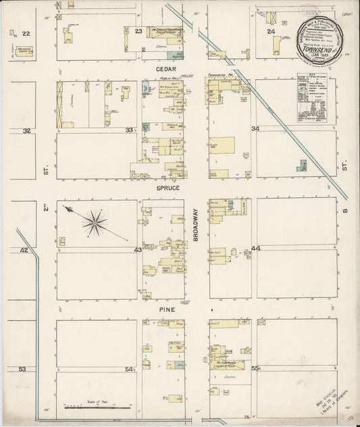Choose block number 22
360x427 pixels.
pos(26,33)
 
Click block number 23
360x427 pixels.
pos(138,31)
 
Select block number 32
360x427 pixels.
pos(26,130)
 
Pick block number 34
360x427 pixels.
pos(255,128)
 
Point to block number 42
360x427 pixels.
pos(24,250)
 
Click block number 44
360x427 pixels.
pos(255,249)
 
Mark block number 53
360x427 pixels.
pos(23,369)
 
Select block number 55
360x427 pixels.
pos(255,369)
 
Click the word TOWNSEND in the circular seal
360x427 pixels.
pos(323,41)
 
